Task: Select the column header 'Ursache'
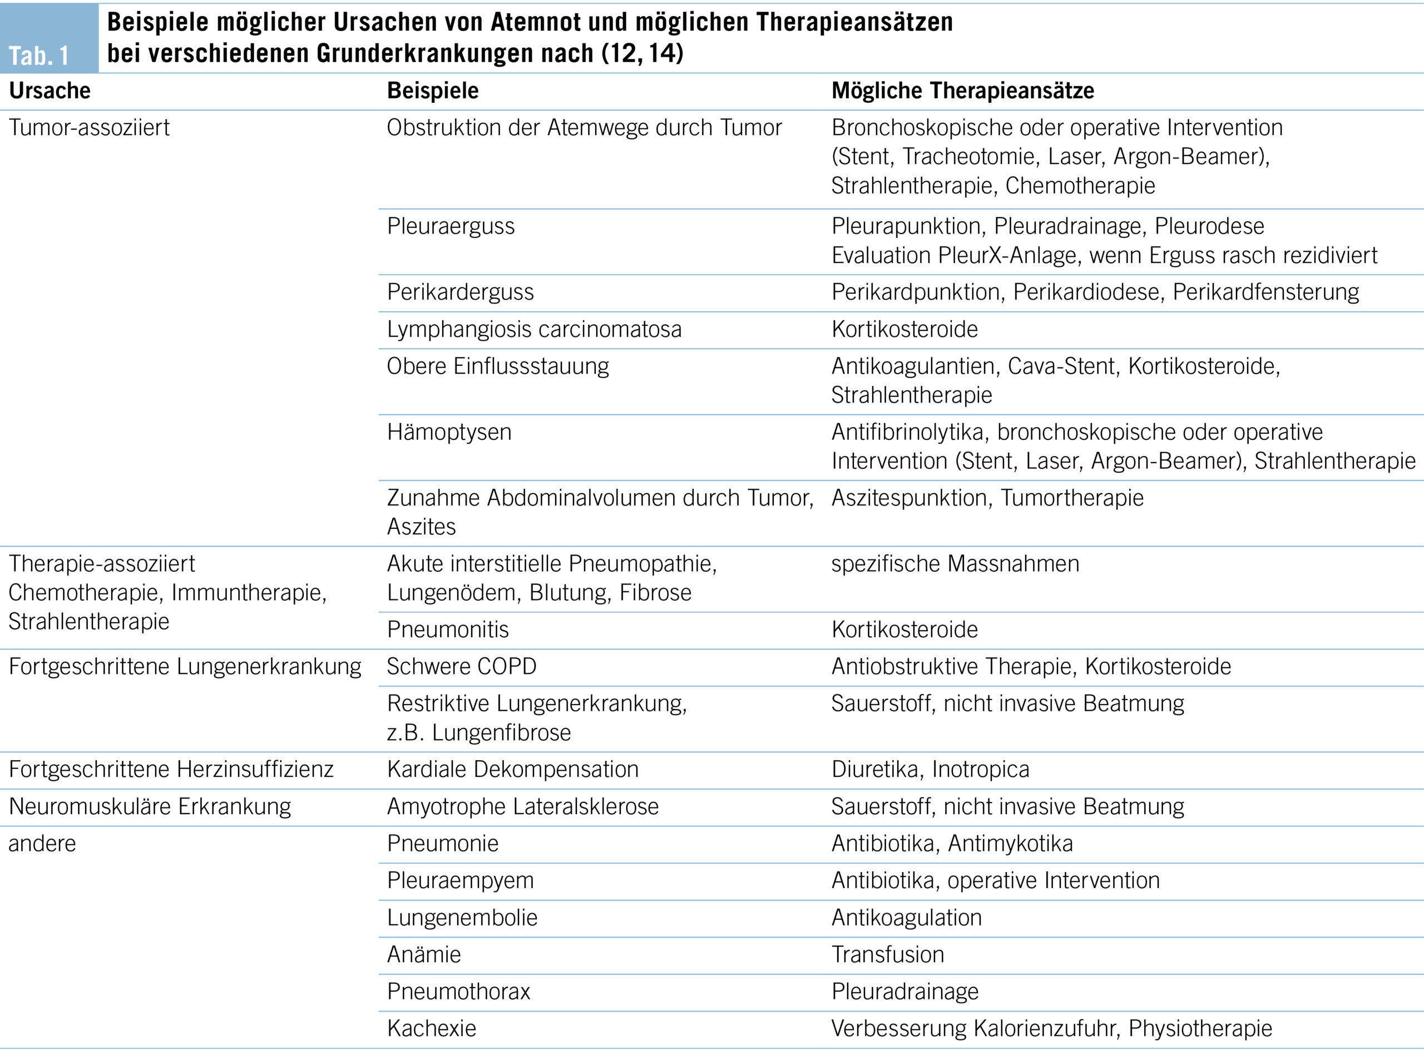[x=50, y=91]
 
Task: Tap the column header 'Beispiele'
[x=432, y=91]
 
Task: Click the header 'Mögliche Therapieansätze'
[x=962, y=91]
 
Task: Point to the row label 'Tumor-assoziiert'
[x=89, y=128]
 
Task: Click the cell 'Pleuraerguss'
[x=450, y=226]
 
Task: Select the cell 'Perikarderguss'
[x=460, y=292]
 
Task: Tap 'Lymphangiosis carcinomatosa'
[x=534, y=329]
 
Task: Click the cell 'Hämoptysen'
[x=449, y=432]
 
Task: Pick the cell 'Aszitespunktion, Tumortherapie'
[x=987, y=498]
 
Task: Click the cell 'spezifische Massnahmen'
[x=955, y=564]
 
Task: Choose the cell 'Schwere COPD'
[x=461, y=667]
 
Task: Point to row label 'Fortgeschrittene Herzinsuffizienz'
[x=171, y=769]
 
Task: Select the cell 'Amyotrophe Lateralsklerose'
[x=522, y=807]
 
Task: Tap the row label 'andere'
[x=42, y=844]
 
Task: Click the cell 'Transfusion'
[x=888, y=954]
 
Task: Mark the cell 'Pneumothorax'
[x=458, y=991]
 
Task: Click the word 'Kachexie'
[x=432, y=1029]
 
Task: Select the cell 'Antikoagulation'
[x=906, y=918]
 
